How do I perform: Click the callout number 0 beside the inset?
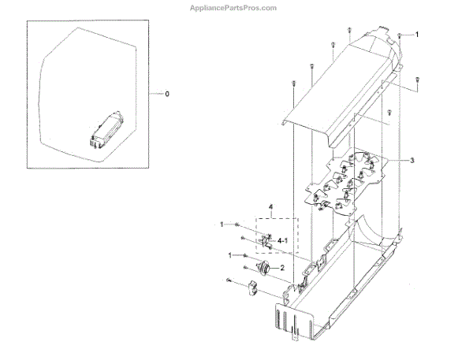[x=166, y=95]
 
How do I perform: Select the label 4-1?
[x=281, y=239]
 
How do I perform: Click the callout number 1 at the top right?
[x=417, y=35]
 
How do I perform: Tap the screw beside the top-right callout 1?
[x=400, y=35]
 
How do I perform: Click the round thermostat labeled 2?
[x=270, y=270]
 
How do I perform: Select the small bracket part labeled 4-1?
[x=266, y=239]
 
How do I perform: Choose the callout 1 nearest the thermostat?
[x=230, y=255]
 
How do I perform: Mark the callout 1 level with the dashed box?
[x=222, y=225]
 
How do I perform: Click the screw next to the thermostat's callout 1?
[x=245, y=256]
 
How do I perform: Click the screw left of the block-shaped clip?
[x=228, y=281]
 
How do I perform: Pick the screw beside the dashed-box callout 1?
[x=237, y=225]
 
